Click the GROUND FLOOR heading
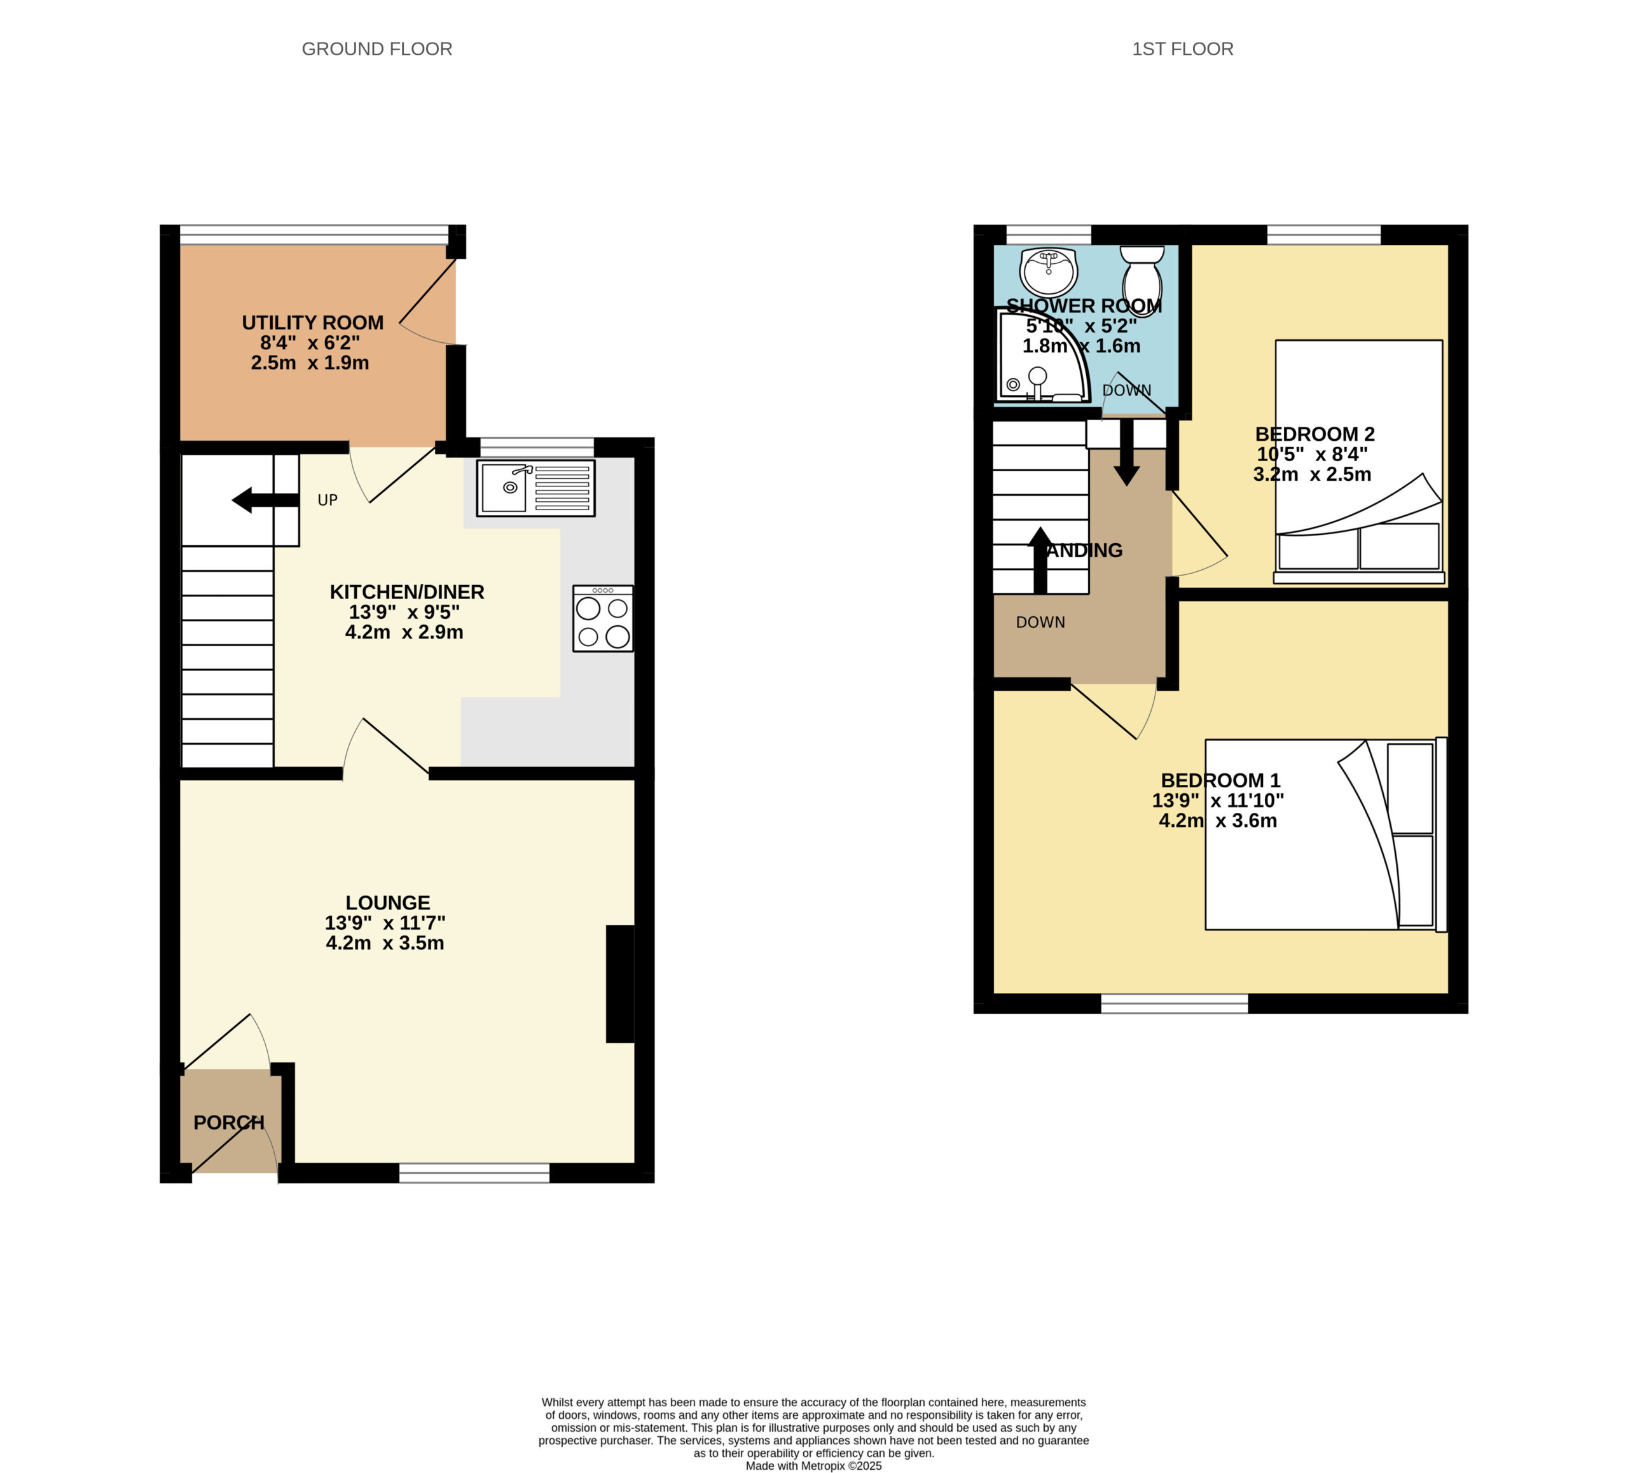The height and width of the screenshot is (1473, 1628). [x=376, y=49]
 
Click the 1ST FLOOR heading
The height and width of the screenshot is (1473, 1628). [x=1182, y=49]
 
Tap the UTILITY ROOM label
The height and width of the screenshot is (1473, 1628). [x=312, y=323]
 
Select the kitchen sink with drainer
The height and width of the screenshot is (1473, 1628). [x=535, y=488]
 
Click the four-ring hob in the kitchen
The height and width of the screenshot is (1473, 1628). [x=602, y=619]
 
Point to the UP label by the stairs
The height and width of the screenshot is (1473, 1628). [x=327, y=501]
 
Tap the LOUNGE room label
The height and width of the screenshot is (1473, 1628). [x=388, y=903]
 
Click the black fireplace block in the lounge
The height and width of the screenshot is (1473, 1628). [x=620, y=984]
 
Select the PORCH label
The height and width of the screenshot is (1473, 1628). [x=230, y=1123]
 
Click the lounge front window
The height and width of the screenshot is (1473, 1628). [x=475, y=1173]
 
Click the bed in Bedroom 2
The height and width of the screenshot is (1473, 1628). [x=1358, y=461]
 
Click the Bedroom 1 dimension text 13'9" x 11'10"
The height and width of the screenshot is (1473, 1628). [x=1218, y=800]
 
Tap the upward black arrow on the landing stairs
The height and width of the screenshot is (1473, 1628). [x=1040, y=560]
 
